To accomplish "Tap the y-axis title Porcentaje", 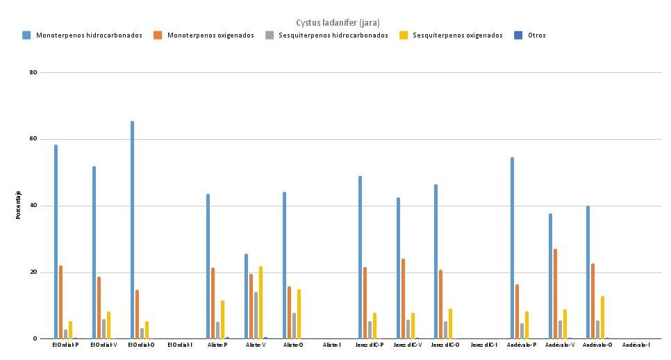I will click(x=19, y=205).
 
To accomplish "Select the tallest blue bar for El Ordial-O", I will click(x=132, y=230).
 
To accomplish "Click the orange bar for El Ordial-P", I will click(x=61, y=302).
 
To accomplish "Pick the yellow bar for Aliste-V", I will click(x=260, y=302).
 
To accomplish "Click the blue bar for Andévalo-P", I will click(x=512, y=248).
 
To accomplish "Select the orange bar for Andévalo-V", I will click(x=555, y=294).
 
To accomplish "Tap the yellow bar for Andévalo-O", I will click(x=602, y=318).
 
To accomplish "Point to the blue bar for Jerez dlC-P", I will click(x=360, y=257).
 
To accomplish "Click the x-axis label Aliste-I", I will click(x=332, y=345).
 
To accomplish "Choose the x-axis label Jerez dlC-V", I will click(x=408, y=345).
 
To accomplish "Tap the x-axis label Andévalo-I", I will click(x=636, y=345).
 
